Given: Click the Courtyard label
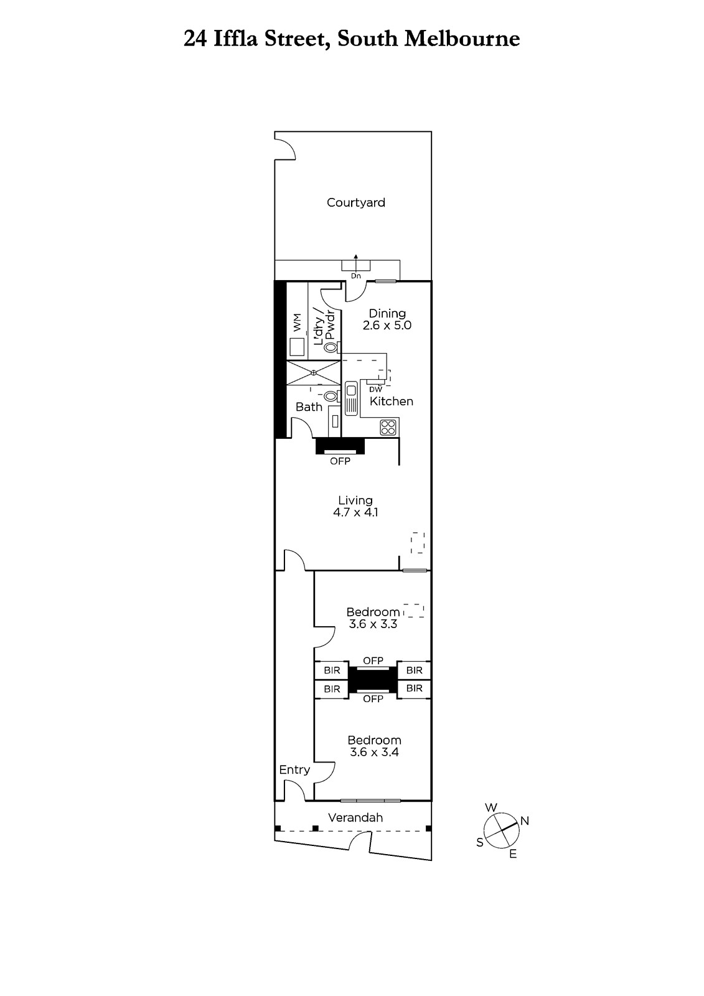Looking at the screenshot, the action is (x=356, y=203).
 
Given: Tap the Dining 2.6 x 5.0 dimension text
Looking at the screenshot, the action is (x=387, y=325).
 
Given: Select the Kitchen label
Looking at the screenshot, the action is (x=392, y=401).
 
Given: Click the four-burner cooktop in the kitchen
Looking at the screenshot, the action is (x=388, y=427).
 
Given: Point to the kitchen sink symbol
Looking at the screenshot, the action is (x=351, y=398).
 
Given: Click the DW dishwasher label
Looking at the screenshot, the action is (x=376, y=389).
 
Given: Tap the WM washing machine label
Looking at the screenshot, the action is (x=297, y=322).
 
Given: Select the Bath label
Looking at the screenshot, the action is (x=309, y=407).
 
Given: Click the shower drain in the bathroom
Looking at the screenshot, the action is (x=314, y=373).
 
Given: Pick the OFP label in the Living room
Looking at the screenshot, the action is (x=340, y=461).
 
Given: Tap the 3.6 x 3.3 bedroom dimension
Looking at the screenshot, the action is (x=373, y=624).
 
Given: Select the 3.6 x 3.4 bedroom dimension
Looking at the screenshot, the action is (x=374, y=753).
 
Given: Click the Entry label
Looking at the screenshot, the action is (x=294, y=769).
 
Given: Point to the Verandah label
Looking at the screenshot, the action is (x=355, y=817).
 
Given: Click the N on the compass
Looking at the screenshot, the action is (x=525, y=821).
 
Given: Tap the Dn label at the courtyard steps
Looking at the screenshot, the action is (x=356, y=276).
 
